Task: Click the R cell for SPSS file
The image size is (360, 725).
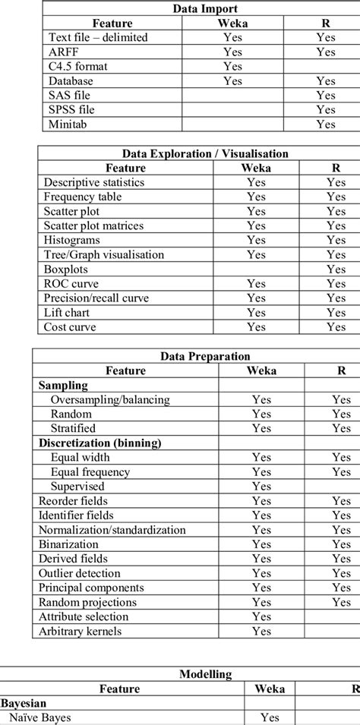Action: tap(326, 109)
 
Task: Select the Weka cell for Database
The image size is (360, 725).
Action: tap(233, 80)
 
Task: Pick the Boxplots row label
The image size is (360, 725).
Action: tap(66, 269)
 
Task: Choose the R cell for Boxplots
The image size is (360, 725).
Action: tap(336, 269)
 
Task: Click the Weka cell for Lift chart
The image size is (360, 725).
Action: tap(256, 312)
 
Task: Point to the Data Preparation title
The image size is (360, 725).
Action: tap(205, 356)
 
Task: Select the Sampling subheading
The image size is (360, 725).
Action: tap(63, 385)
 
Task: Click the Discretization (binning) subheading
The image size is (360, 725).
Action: tap(101, 443)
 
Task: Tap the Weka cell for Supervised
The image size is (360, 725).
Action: tap(261, 486)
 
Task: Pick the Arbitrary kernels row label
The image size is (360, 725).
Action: tap(80, 631)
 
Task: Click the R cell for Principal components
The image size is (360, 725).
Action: tap(341, 588)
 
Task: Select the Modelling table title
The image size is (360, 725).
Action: tap(205, 674)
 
